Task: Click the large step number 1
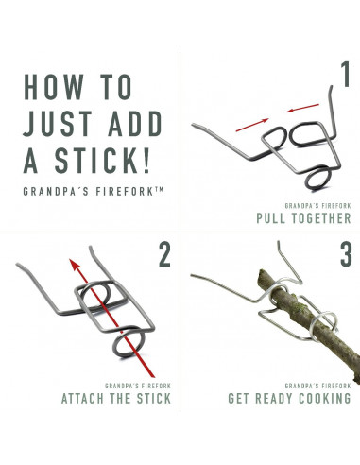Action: (346, 75)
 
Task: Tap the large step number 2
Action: (164, 254)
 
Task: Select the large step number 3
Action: (346, 254)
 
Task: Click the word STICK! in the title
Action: (102, 160)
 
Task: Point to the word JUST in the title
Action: (57, 123)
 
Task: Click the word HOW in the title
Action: (54, 87)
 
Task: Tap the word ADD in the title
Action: (135, 123)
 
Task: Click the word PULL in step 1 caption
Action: (272, 218)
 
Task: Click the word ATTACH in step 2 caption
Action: (82, 398)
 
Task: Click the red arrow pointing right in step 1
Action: (252, 125)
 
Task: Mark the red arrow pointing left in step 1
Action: (302, 108)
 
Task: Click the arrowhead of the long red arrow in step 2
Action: (75, 265)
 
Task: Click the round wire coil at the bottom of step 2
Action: (129, 343)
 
